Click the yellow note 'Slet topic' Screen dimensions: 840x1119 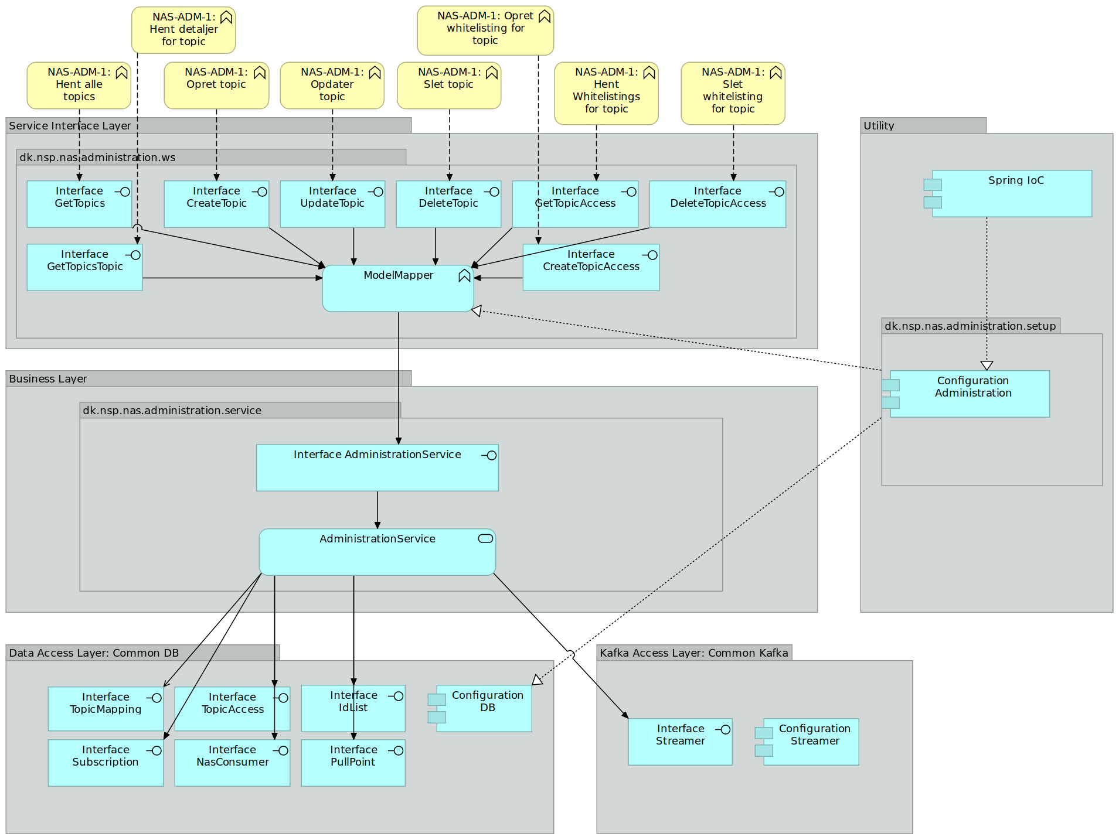point(449,86)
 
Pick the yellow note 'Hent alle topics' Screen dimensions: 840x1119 point(79,86)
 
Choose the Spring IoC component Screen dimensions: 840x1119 point(1012,194)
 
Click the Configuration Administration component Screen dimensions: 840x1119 point(970,394)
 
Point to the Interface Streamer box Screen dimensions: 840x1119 point(680,742)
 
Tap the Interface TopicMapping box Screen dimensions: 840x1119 point(106,709)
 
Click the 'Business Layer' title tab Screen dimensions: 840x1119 point(48,379)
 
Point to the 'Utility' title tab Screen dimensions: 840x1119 point(879,126)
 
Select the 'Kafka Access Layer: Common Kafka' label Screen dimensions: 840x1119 point(693,653)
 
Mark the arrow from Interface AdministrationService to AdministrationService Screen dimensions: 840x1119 point(377,510)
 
